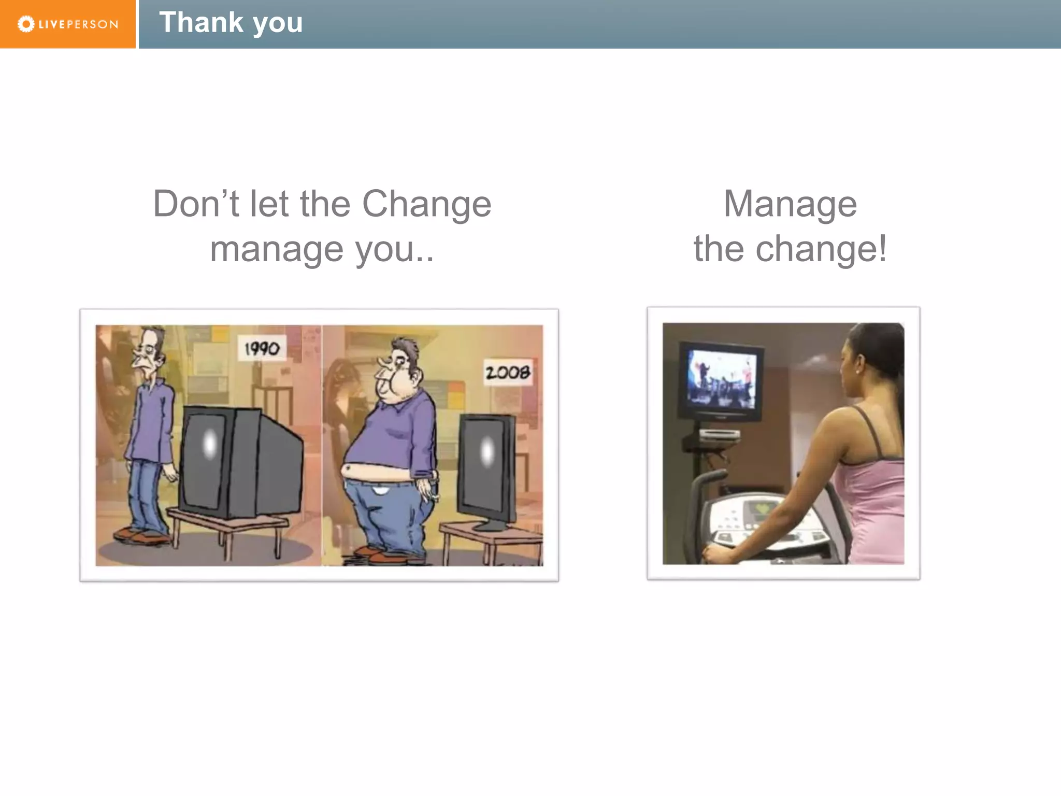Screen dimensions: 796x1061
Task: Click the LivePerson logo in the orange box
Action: (68, 24)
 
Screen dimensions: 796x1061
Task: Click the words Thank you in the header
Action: (231, 23)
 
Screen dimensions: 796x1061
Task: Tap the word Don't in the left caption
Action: (196, 204)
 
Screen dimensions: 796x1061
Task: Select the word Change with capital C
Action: (426, 204)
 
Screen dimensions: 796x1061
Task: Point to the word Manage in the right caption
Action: (790, 204)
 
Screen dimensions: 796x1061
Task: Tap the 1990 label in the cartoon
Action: (262, 348)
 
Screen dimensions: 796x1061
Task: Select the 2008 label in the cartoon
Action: (508, 372)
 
